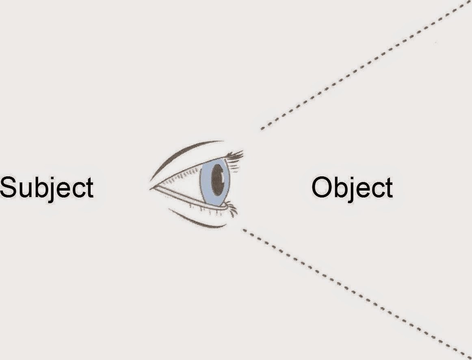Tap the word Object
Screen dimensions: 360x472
(352, 188)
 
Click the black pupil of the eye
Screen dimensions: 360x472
(217, 182)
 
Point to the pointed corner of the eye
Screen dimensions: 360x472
(151, 188)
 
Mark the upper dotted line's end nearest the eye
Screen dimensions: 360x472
(262, 129)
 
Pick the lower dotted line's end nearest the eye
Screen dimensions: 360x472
(244, 230)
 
